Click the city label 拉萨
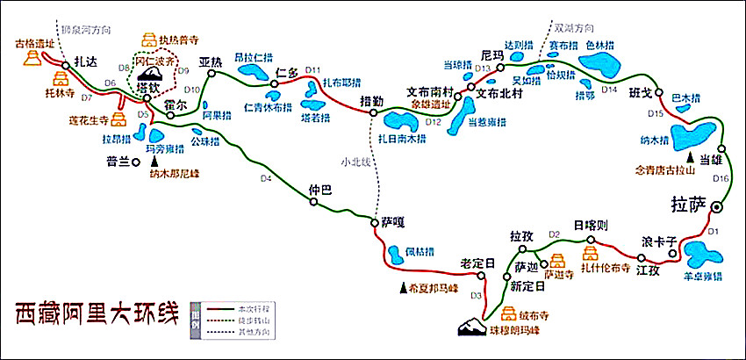[x=687, y=205]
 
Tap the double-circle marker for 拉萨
[x=717, y=207]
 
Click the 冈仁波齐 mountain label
[x=154, y=62]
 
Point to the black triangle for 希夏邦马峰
[x=404, y=286]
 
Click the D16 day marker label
[x=721, y=178]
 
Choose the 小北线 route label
[x=357, y=161]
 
